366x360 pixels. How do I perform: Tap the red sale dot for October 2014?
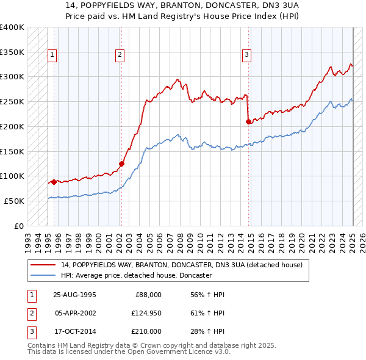(x=249, y=122)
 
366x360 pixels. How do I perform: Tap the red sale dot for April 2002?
(x=121, y=164)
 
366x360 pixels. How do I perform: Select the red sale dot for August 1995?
(x=54, y=182)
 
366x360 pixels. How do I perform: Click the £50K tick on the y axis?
(x=14, y=201)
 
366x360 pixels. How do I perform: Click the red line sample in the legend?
(x=43, y=265)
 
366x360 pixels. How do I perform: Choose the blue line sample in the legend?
(x=43, y=276)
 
